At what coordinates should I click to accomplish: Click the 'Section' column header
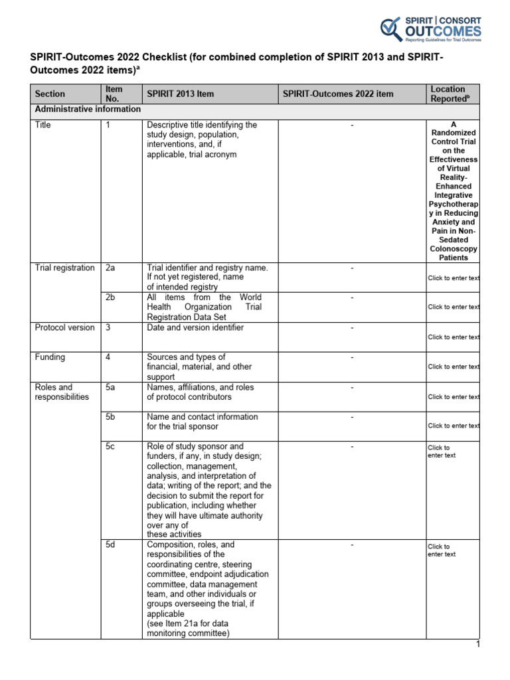click(50, 94)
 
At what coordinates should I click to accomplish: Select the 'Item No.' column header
click(114, 94)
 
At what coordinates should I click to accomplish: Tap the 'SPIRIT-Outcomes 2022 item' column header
click(337, 94)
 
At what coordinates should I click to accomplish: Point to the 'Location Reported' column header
click(448, 94)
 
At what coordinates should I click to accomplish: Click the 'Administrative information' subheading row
click(88, 109)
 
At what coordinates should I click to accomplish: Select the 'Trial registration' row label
click(64, 268)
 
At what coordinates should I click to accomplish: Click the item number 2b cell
click(110, 297)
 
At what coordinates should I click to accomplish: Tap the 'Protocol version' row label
click(64, 327)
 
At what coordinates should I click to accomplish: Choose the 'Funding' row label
click(50, 357)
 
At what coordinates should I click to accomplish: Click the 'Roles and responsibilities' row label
click(61, 392)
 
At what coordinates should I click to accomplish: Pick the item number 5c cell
click(110, 447)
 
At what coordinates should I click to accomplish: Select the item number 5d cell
click(110, 545)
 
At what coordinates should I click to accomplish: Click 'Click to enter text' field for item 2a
click(454, 278)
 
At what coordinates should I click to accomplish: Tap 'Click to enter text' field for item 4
click(454, 367)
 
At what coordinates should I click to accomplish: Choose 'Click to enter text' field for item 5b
click(454, 426)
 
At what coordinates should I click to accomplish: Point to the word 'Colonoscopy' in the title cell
click(454, 248)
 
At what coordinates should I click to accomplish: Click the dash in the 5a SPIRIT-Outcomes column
click(352, 387)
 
